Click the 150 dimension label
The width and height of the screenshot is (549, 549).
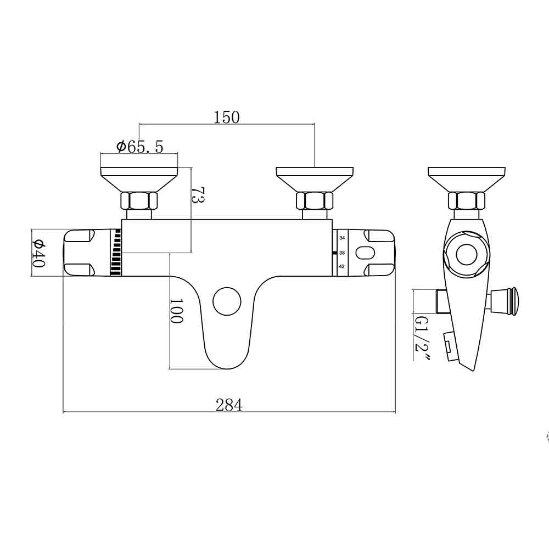click(x=227, y=117)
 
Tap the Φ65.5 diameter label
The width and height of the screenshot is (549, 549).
click(x=139, y=147)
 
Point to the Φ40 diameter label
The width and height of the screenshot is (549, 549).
click(x=38, y=253)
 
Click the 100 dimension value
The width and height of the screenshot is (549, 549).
click(x=176, y=311)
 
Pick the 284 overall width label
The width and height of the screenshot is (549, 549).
click(x=229, y=405)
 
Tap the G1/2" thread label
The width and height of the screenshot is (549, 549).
click(x=421, y=338)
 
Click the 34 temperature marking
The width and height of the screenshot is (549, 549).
click(x=342, y=238)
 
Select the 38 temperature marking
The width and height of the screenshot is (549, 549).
click(x=342, y=253)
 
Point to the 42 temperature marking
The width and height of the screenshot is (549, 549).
click(x=342, y=266)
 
